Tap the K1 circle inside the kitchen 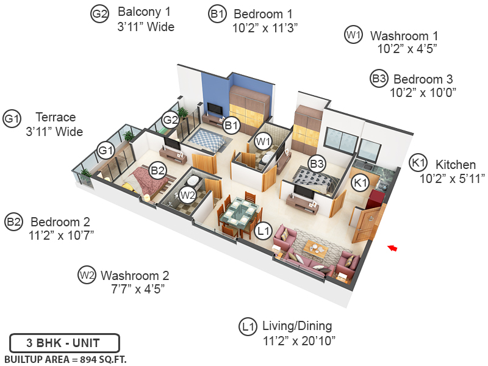[361, 182]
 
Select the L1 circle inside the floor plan [264, 231]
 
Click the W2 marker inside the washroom [188, 195]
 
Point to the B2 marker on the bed [158, 170]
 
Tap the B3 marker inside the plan [317, 163]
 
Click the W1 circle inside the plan [263, 142]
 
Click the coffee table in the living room [316, 248]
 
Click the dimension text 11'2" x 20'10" [299, 340]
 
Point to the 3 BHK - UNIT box [64, 343]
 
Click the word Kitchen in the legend [455, 164]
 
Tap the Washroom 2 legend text [135, 276]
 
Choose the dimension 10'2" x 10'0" [423, 93]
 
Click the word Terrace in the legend [56, 117]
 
